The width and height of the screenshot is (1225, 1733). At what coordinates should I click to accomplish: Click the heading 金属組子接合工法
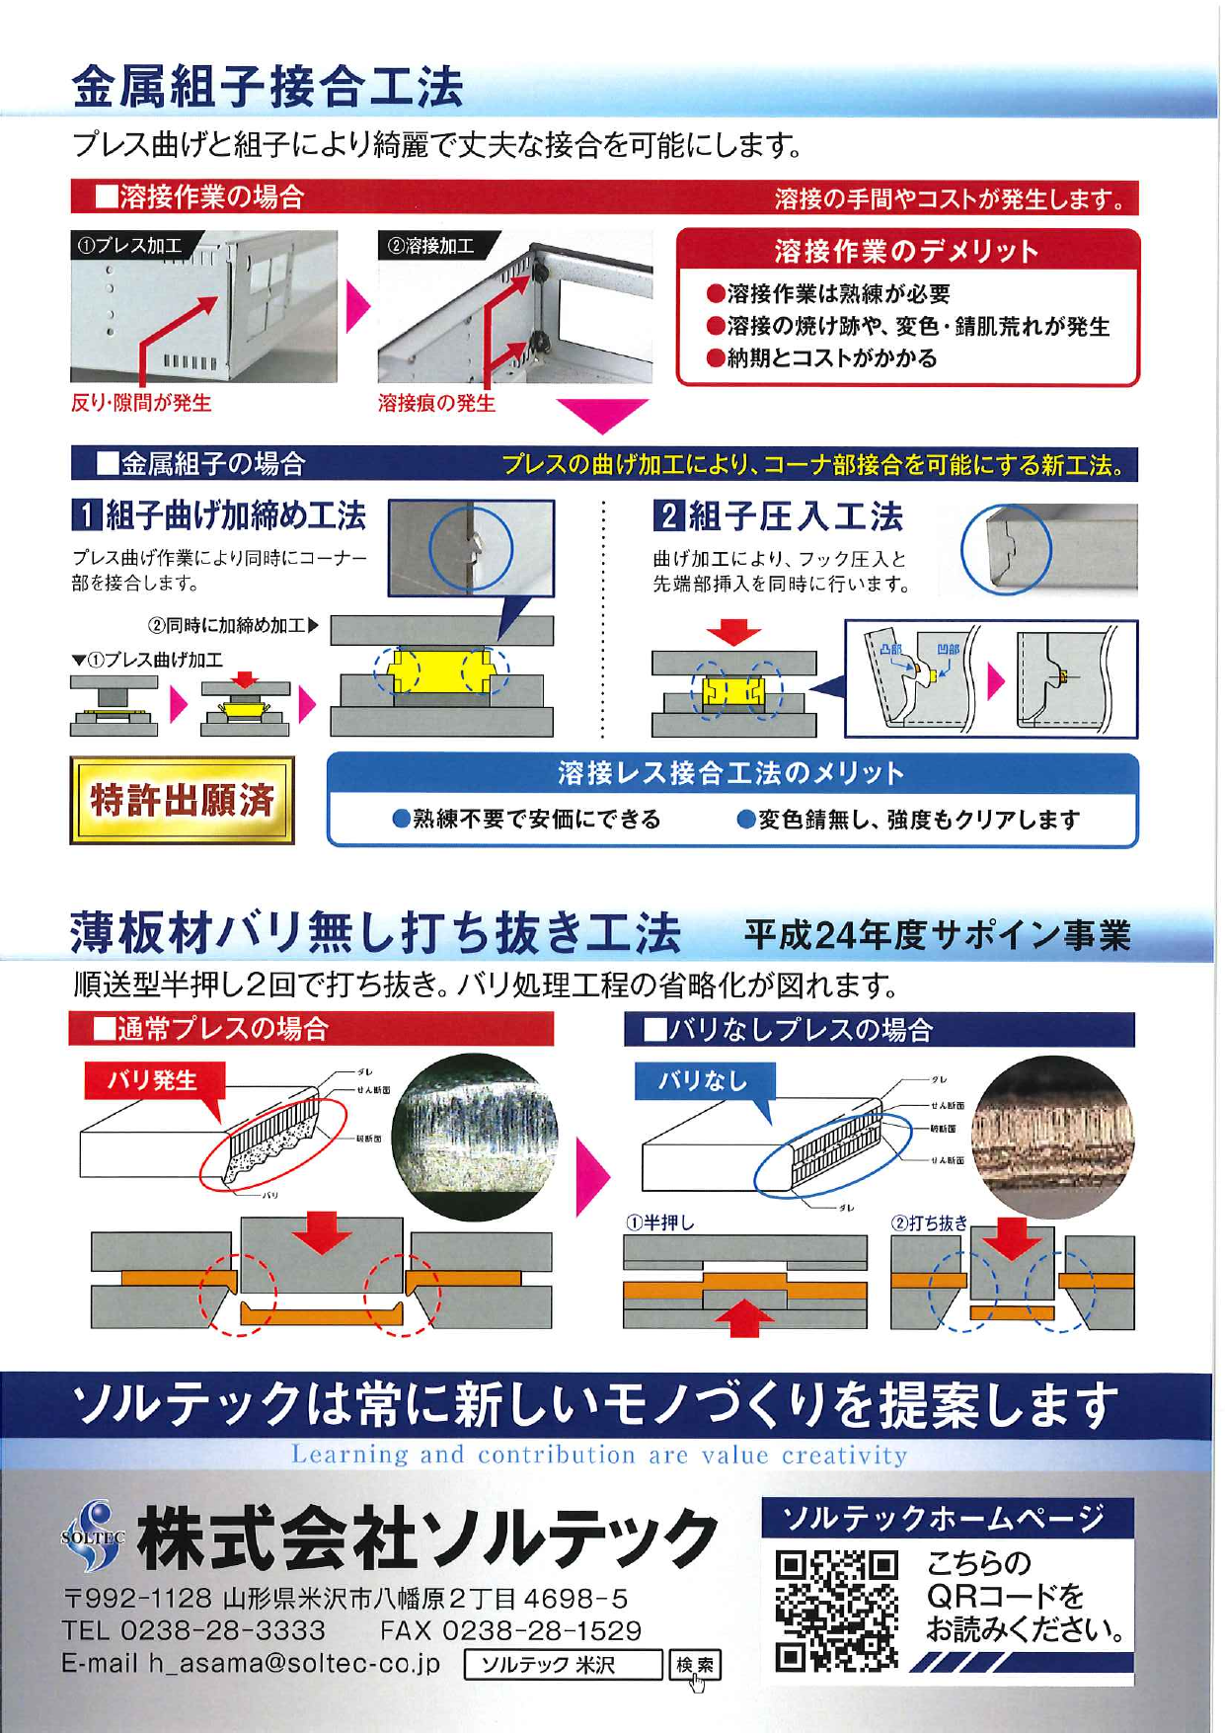(268, 87)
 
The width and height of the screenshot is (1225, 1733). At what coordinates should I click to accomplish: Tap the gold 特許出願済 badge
(182, 801)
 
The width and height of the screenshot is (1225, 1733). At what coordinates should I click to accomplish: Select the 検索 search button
(695, 1666)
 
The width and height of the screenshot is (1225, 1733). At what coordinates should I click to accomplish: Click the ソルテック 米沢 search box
(563, 1666)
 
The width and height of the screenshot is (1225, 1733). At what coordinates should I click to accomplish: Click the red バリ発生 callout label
(153, 1079)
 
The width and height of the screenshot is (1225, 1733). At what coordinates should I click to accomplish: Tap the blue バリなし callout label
(703, 1080)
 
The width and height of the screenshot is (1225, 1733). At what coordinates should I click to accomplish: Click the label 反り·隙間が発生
(141, 403)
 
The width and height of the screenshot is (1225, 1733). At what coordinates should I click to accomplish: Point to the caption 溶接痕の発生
(436, 403)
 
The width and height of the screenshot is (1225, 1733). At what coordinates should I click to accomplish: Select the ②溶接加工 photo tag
(431, 246)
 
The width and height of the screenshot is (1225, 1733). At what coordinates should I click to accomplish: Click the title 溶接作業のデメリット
(906, 251)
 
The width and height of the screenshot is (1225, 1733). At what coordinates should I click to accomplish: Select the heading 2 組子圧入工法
(778, 515)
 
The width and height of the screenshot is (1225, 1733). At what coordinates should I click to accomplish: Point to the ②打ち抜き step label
(929, 1222)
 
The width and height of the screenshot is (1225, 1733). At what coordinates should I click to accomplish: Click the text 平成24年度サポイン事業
(936, 934)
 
